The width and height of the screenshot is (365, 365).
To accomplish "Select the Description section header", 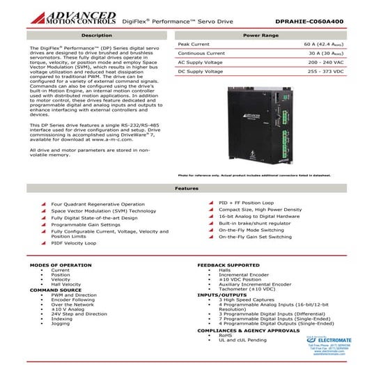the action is coord(97,34).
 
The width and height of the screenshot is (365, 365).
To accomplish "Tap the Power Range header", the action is coord(261,34).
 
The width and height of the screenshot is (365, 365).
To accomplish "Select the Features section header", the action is coord(182,188).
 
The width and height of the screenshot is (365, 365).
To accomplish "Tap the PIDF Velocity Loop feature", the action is coord(74,243).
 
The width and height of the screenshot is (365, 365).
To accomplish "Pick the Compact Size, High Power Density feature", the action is coord(260,209).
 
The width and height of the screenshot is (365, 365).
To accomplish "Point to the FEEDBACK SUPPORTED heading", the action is coord(229,265).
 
